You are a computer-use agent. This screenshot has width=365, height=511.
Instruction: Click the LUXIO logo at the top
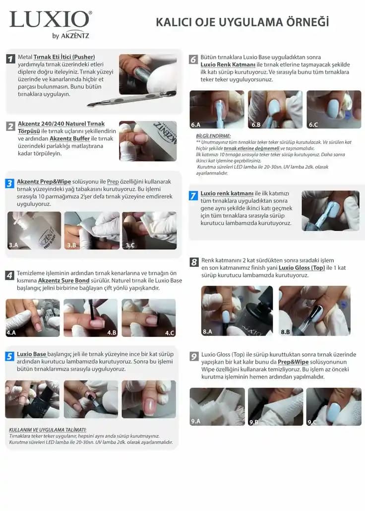[x=50, y=20]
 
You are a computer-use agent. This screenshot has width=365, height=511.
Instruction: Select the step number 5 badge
[x=10, y=356]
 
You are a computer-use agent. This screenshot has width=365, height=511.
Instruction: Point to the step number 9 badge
[x=194, y=356]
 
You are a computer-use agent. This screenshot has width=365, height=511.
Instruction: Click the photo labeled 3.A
[x=34, y=230]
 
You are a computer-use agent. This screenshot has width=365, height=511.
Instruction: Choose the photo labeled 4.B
[x=91, y=318]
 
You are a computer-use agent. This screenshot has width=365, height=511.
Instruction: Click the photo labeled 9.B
[x=275, y=406]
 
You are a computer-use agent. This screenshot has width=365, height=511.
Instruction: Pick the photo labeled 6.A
[x=217, y=109]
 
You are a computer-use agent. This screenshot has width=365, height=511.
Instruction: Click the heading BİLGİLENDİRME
[x=214, y=136]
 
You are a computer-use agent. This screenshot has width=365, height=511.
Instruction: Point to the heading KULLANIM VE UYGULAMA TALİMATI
[x=48, y=430]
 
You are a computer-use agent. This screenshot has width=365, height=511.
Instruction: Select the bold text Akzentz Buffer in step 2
[x=69, y=139]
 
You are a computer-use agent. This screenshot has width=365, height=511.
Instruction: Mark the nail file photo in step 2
[x=147, y=141]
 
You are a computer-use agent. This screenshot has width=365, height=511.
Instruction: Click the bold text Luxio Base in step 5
[x=31, y=354]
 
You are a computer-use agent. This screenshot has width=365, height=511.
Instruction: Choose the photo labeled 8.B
[x=314, y=311]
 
